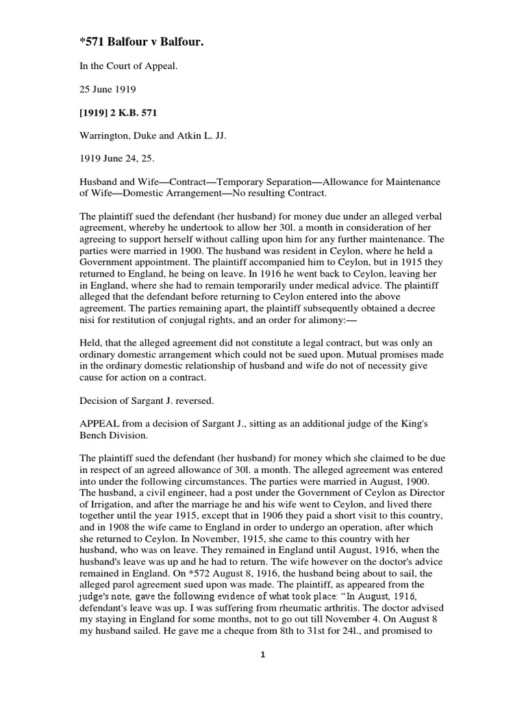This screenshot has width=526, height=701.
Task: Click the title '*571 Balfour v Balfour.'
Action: pos(142,44)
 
